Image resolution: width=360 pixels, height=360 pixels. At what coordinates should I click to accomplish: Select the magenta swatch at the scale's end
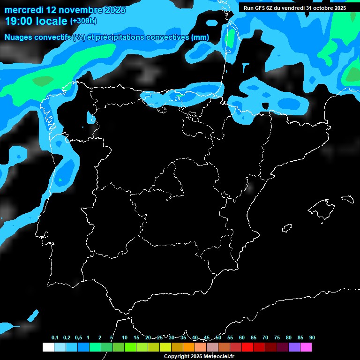(x=306, y=347)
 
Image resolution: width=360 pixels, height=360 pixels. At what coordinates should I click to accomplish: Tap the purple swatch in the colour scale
(x=294, y=347)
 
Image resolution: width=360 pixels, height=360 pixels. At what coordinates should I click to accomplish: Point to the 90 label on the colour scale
(x=312, y=338)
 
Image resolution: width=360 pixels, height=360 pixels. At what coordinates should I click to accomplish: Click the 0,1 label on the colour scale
(x=55, y=338)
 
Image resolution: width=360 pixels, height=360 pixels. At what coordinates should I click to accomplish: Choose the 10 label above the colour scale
(x=125, y=338)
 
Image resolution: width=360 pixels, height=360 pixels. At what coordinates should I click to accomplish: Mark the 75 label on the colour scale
(x=277, y=338)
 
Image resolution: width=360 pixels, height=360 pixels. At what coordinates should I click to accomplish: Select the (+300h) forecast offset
(x=84, y=21)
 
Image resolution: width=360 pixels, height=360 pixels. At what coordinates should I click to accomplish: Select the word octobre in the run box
(x=322, y=8)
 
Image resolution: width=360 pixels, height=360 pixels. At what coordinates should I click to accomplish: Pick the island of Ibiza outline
(x=287, y=228)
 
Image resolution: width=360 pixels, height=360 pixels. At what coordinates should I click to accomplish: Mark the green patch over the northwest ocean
(x=43, y=81)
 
